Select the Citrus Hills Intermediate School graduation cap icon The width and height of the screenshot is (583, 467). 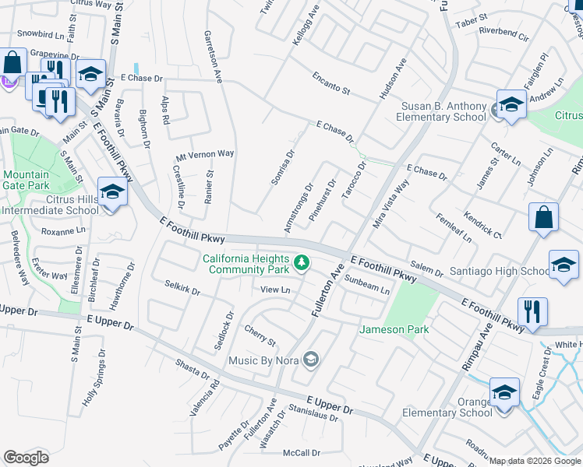111,192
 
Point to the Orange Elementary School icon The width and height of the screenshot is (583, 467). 504,392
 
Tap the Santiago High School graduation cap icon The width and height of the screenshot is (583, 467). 564,265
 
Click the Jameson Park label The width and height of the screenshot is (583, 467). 394,329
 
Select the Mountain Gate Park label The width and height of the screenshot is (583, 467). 26,180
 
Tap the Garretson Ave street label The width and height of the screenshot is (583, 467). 214,58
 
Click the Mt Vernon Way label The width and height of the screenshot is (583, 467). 205,154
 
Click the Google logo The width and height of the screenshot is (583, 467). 26,457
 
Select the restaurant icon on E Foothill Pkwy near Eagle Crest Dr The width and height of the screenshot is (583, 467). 532,311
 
